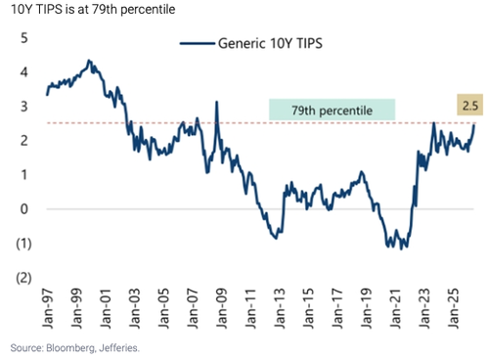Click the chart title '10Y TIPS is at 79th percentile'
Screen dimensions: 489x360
coord(93,9)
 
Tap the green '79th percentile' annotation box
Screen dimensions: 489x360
coord(332,110)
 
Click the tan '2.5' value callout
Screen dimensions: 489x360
coord(469,105)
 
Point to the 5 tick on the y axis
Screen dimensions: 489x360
coord(24,38)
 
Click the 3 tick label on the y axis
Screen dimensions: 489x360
coord(24,107)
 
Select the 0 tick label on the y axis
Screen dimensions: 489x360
coord(24,209)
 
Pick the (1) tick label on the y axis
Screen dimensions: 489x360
coord(23,244)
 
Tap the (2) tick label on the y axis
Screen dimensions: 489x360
coord(23,278)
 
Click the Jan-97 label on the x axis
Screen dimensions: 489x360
coord(48,308)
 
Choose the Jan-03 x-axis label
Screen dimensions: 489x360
coord(134,308)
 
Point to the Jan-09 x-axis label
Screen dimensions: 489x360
coord(221,308)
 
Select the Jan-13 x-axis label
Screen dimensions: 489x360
coord(280,308)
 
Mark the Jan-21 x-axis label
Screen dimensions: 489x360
coord(395,308)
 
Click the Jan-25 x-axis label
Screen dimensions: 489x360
coord(453,308)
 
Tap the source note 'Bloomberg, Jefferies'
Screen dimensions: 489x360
coord(93,348)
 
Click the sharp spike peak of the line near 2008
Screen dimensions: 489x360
coord(216,102)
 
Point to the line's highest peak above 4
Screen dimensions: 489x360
coord(89,61)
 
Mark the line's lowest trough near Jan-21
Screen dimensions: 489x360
coord(401,249)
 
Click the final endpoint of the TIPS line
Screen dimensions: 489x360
coord(473,125)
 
